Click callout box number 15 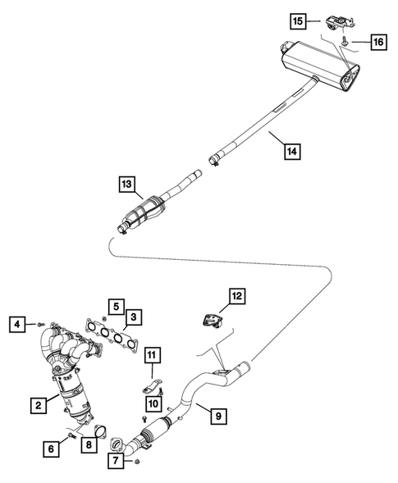click(x=296, y=19)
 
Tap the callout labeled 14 click(x=290, y=150)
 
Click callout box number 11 click(x=153, y=354)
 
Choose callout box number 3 click(x=135, y=315)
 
